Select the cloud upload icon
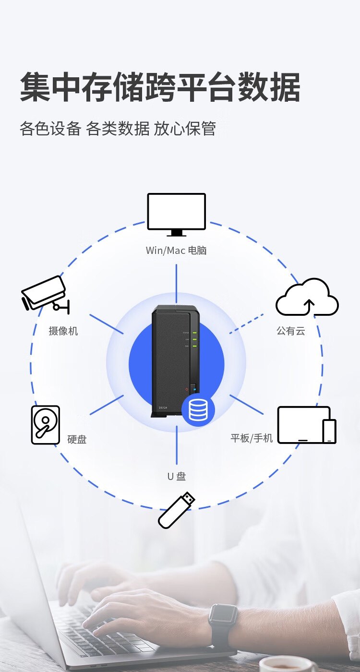(307, 298)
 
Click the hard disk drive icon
(46, 425)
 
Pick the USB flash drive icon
(177, 510)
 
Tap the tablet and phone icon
(307, 425)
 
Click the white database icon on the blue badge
(198, 410)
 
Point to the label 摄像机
(63, 331)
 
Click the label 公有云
(290, 331)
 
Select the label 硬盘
(77, 439)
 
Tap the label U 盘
(176, 476)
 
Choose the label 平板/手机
(252, 438)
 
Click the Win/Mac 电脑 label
(176, 251)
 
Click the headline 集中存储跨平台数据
(160, 87)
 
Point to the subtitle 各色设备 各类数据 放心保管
(118, 129)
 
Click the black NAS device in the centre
(173, 360)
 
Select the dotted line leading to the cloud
(246, 324)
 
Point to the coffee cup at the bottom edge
(286, 665)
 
